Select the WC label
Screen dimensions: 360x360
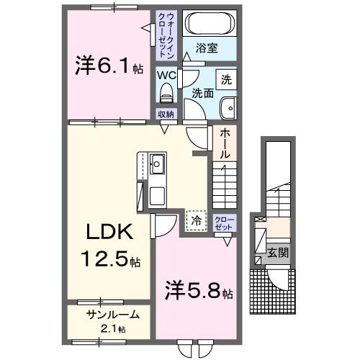coord(168,74)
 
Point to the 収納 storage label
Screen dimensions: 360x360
coord(166,114)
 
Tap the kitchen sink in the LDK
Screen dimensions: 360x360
coord(158,165)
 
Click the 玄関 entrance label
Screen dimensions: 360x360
coord(277,253)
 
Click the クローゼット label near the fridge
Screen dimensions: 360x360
coord(223,222)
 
